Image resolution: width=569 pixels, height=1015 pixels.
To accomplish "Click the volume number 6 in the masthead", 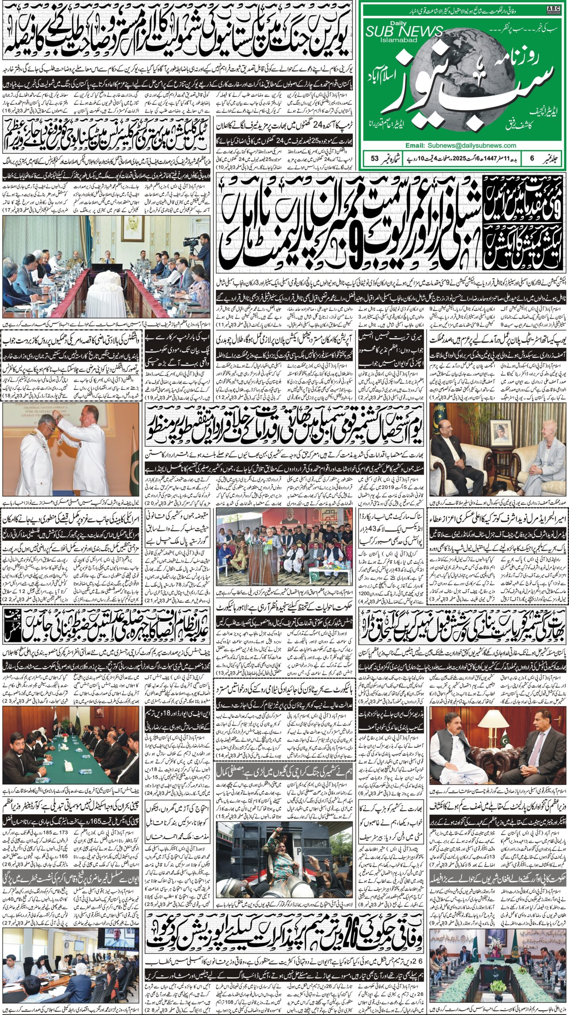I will [x=532, y=158].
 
